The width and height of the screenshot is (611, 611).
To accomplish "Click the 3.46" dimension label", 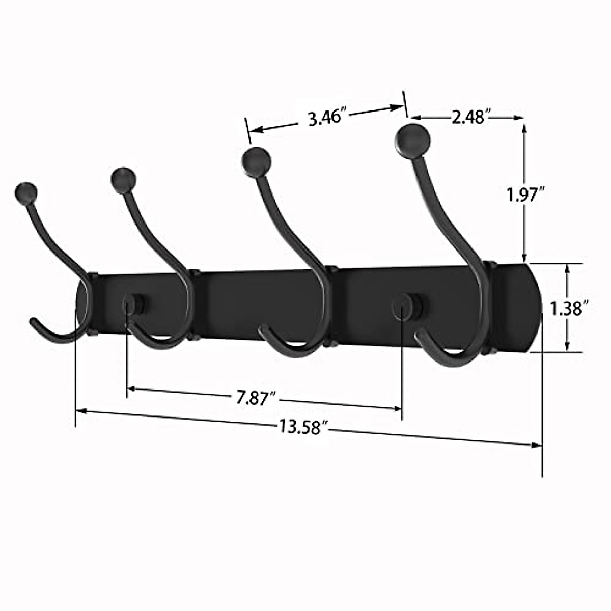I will coord(327,118).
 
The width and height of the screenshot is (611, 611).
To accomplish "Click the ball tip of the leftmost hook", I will coord(26,192).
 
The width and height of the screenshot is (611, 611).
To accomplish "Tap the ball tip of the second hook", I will coord(123,179).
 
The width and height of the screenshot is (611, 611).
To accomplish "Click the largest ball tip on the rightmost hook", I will coord(413,138).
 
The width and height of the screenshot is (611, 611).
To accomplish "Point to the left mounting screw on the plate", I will coord(134,304).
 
